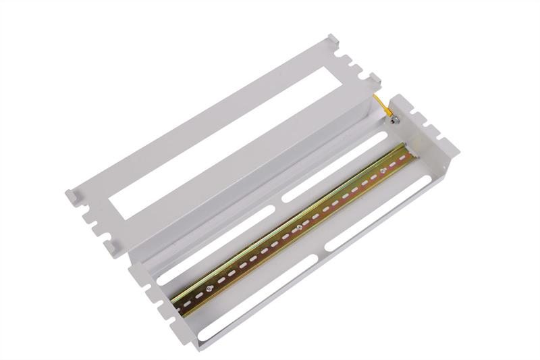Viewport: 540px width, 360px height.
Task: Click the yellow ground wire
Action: click(x=383, y=107)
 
